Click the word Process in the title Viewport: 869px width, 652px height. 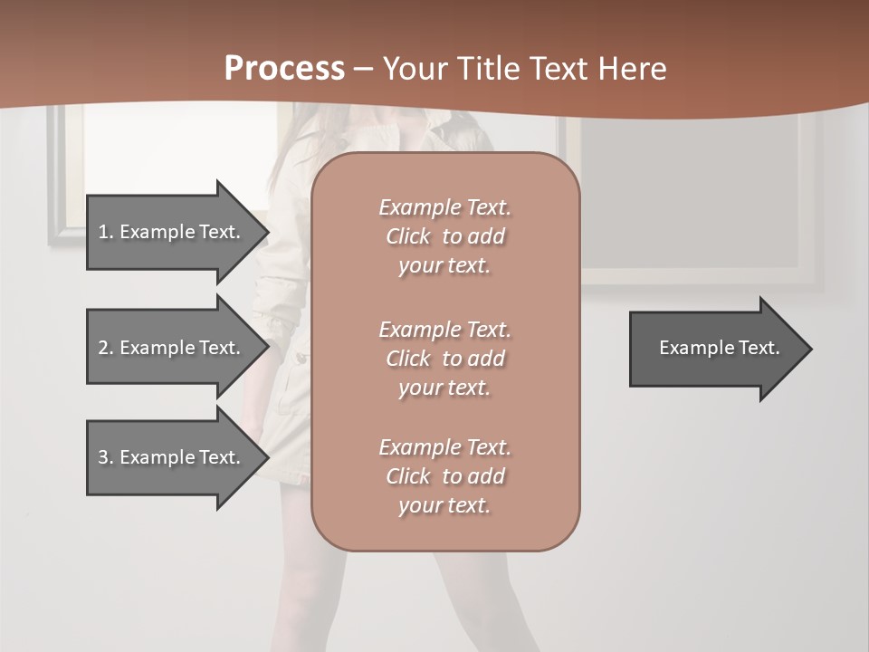click(x=284, y=68)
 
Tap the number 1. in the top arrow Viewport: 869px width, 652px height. click(x=106, y=232)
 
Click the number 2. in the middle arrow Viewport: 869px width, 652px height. click(x=106, y=348)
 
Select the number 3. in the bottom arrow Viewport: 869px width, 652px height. click(x=106, y=457)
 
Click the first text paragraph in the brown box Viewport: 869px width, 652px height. click(x=444, y=236)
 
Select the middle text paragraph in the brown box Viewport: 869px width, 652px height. click(x=444, y=359)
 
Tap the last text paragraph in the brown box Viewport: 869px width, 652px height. click(x=444, y=476)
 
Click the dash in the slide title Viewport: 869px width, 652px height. click(x=363, y=69)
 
